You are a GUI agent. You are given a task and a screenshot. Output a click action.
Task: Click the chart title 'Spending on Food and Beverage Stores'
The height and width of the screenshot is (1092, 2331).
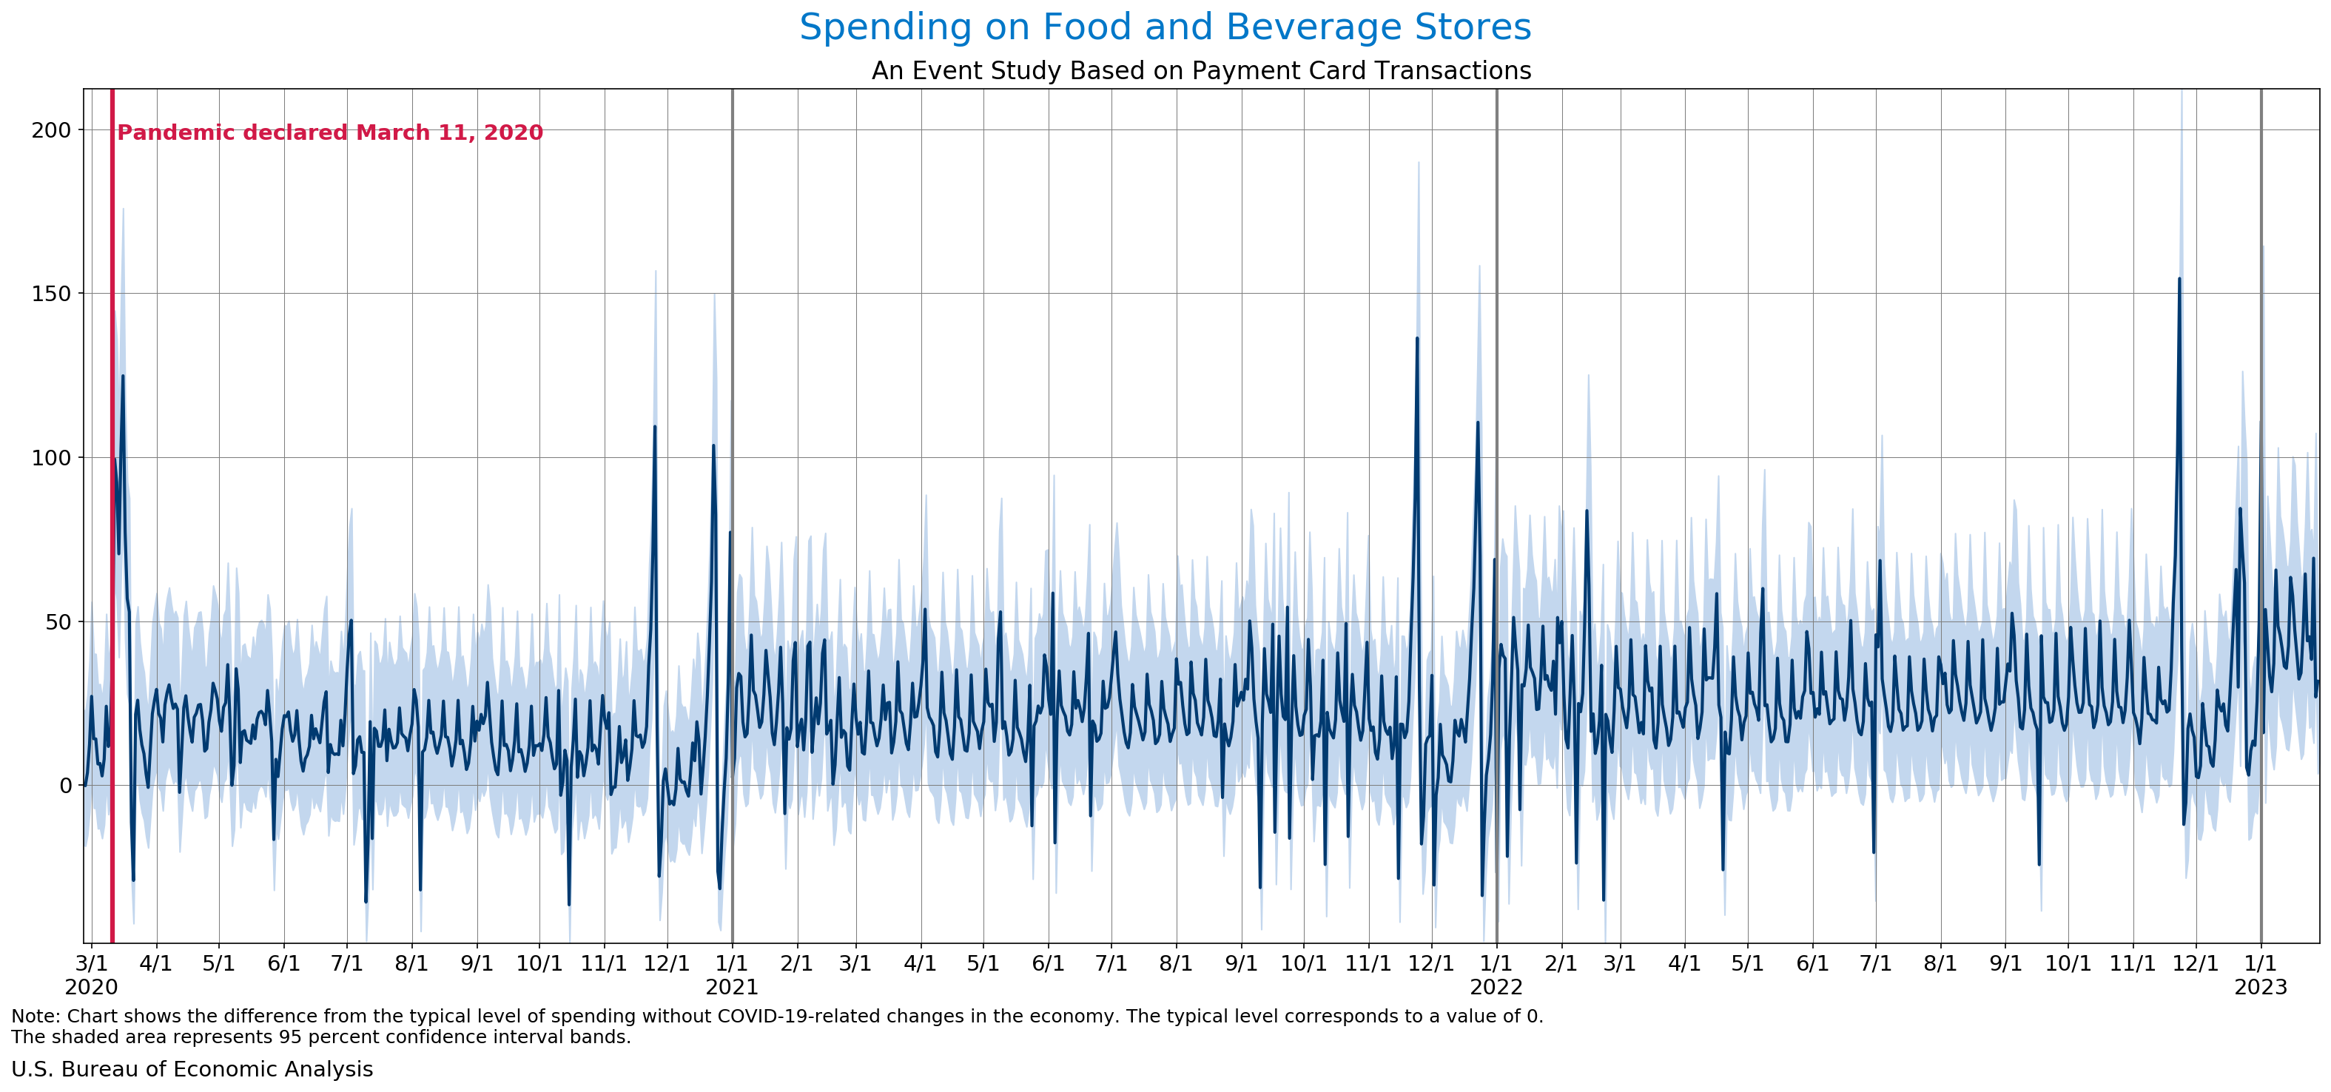(x=1165, y=27)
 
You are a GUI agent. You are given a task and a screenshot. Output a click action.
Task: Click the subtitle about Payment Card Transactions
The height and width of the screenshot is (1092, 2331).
(x=1201, y=70)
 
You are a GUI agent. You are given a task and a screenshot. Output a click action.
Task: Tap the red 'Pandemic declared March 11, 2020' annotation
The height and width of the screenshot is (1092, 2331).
(x=330, y=133)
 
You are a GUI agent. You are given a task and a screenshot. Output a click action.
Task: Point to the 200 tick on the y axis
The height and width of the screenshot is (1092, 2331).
(x=52, y=130)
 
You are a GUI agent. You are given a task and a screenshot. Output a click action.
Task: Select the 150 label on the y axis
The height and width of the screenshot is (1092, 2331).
(x=52, y=294)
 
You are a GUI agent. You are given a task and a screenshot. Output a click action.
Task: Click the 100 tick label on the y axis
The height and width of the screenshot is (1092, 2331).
(x=52, y=458)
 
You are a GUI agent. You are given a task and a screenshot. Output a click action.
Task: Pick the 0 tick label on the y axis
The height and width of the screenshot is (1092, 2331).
(x=65, y=785)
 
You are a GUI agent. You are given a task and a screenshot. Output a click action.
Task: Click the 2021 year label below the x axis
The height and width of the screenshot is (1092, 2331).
(x=732, y=987)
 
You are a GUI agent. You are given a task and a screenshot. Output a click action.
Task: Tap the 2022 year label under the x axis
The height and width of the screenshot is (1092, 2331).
(x=1497, y=987)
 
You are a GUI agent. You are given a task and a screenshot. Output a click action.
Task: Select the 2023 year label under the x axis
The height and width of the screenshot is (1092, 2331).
(x=2261, y=987)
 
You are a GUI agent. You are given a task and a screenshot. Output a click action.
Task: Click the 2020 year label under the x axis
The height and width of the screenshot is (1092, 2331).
(x=92, y=987)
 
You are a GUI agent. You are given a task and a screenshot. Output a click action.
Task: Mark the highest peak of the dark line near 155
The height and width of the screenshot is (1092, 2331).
(x=2179, y=279)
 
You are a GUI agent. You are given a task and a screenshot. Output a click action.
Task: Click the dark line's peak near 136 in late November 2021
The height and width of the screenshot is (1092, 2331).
(x=1417, y=338)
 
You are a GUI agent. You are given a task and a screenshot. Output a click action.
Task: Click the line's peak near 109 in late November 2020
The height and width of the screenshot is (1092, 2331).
(x=655, y=426)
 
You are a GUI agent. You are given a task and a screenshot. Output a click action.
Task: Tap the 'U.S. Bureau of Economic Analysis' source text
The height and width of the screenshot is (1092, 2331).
(x=192, y=1069)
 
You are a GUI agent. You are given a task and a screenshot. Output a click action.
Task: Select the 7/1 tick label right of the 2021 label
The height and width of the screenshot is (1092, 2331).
(x=1111, y=963)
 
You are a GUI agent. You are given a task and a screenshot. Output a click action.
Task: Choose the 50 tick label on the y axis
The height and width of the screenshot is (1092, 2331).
(x=58, y=621)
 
